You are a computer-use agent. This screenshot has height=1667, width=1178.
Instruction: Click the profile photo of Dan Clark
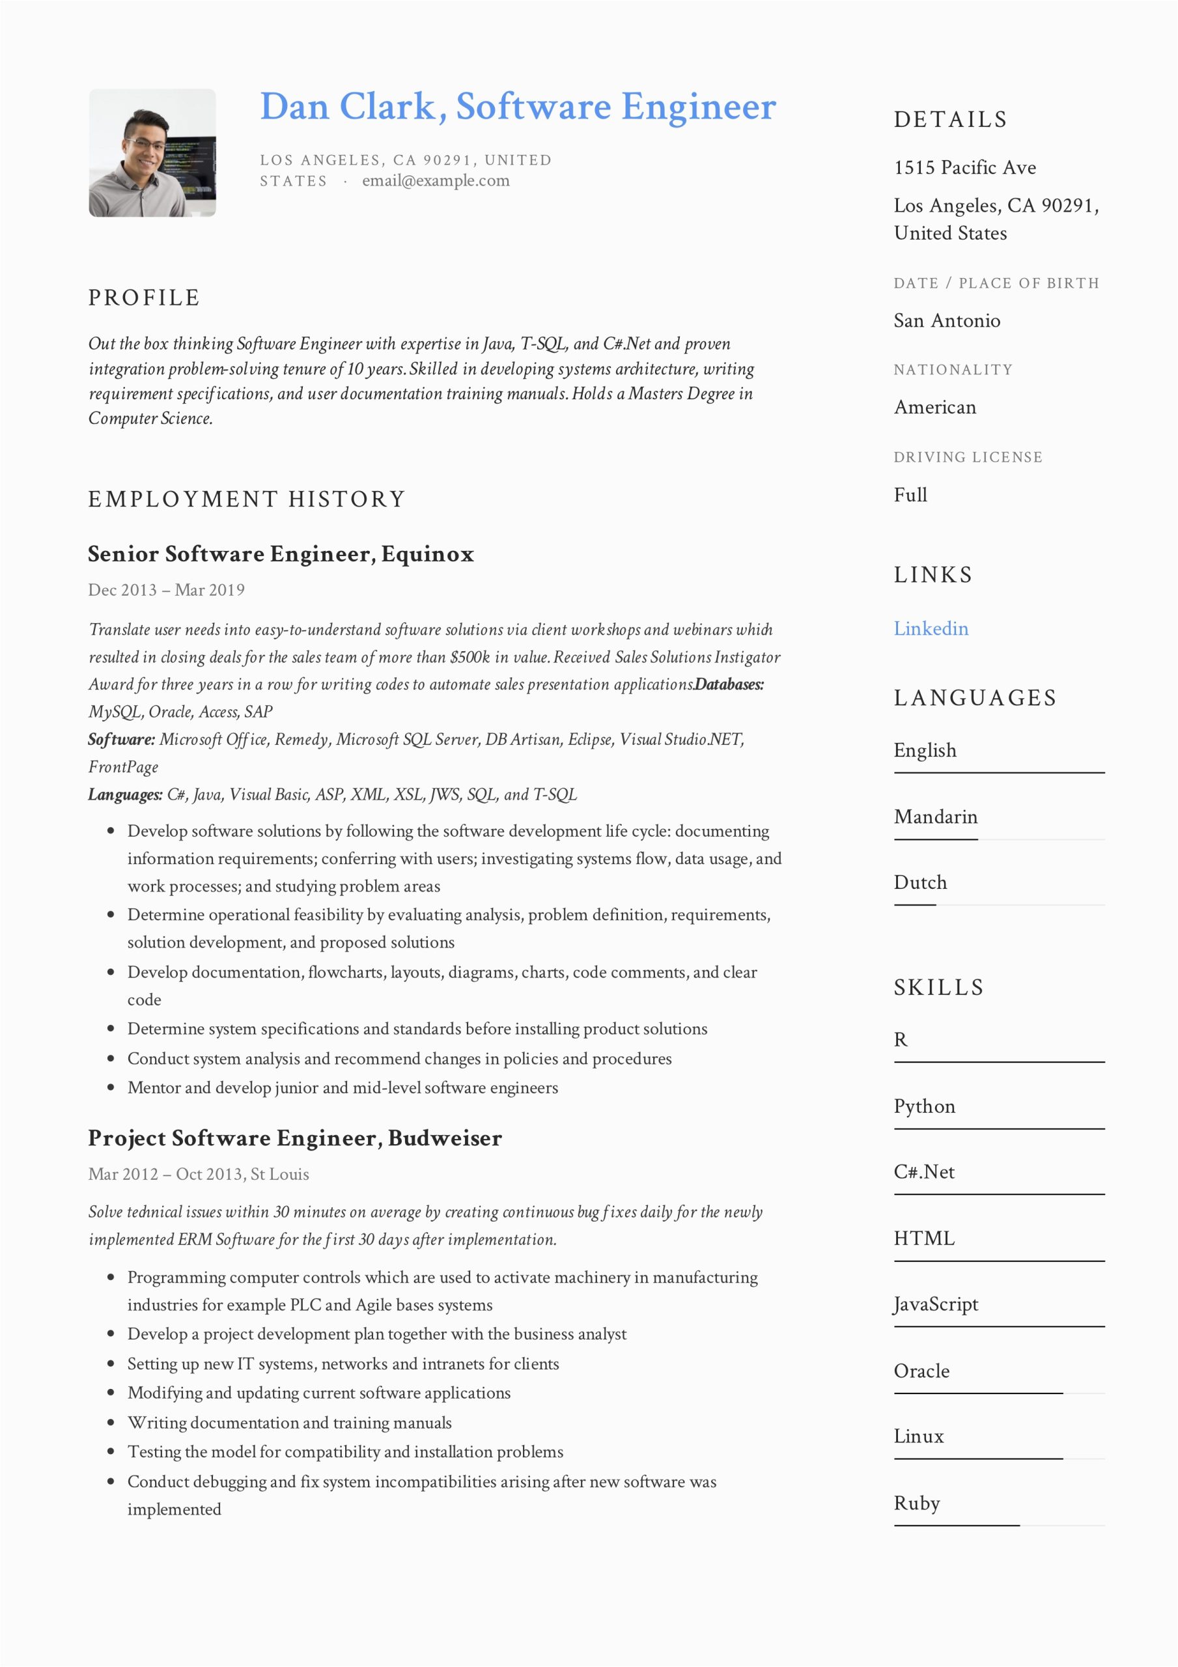(x=152, y=152)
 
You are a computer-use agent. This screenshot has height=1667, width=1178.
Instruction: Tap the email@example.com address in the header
(x=436, y=181)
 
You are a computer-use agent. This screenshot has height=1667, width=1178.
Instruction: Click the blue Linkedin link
(x=931, y=629)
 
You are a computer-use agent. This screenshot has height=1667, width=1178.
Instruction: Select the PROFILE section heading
(x=144, y=298)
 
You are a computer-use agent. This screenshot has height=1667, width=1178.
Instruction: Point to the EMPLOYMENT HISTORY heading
(x=246, y=499)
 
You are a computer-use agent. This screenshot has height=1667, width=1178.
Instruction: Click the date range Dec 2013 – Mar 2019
(x=166, y=590)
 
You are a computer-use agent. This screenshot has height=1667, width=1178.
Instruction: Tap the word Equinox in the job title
(x=427, y=555)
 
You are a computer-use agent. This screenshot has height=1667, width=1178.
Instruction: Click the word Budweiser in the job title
(x=445, y=1138)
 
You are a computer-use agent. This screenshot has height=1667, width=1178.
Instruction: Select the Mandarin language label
(x=935, y=817)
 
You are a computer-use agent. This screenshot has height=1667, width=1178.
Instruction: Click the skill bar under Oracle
(x=977, y=1394)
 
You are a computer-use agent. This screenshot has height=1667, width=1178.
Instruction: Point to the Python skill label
(x=924, y=1106)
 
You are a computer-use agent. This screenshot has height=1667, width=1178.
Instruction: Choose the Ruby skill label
(x=916, y=1503)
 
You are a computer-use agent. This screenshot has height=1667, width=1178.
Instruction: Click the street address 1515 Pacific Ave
(x=964, y=168)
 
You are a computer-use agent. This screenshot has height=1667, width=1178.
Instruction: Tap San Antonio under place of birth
(x=946, y=321)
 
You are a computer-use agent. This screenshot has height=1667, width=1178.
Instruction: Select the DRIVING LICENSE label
(x=968, y=457)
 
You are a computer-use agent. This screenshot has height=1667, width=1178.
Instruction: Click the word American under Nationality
(x=934, y=408)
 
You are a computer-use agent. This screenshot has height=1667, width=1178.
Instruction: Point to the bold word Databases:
(x=729, y=684)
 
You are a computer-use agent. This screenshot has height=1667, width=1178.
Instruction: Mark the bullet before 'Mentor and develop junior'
(x=111, y=1087)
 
